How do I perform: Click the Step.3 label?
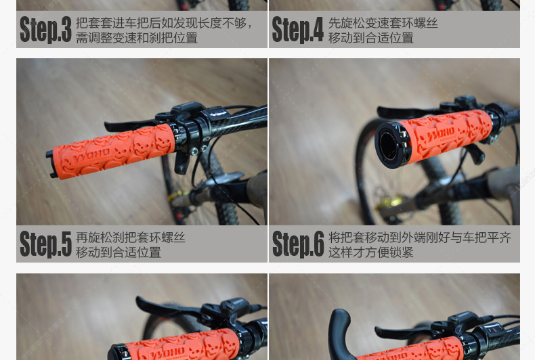45,30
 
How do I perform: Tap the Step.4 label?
297,30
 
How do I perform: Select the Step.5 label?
45,244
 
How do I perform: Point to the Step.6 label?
297,244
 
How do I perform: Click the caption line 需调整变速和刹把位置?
136,38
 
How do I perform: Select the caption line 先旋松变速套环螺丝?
383,23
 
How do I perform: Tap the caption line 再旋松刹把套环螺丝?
130,238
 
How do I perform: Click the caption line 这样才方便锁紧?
370,252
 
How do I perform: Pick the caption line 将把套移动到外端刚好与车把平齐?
419,238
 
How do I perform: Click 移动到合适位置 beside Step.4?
370,38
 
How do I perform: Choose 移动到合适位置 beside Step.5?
118,252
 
